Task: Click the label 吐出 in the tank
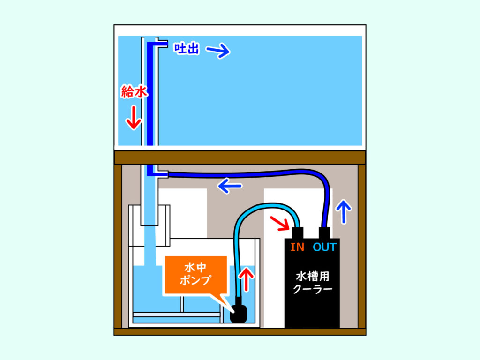coord(186,48)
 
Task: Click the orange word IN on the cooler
coord(297,247)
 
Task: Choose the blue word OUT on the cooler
coord(325,247)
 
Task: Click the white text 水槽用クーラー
coord(313,282)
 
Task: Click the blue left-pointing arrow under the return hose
coord(230,186)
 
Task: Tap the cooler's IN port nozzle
coord(297,233)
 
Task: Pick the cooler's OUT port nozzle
coord(325,233)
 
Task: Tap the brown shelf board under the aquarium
coord(240,157)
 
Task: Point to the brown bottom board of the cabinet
coord(240,331)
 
